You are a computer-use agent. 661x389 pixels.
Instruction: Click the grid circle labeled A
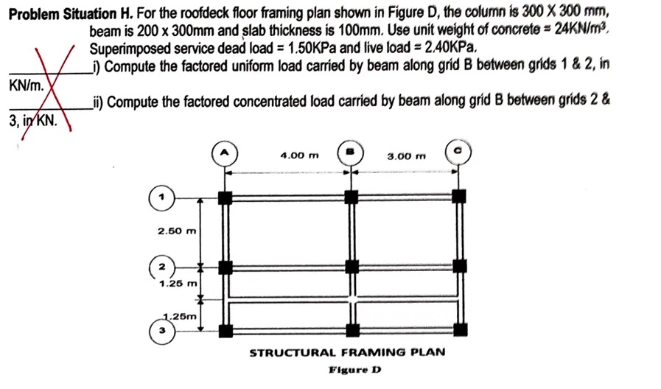tap(225, 154)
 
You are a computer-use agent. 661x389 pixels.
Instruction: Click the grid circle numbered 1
tap(161, 197)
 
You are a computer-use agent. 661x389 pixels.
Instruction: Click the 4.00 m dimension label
tap(300, 155)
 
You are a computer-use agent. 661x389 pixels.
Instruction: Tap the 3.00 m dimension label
tap(407, 155)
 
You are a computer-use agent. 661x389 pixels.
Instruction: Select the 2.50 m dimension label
tap(177, 231)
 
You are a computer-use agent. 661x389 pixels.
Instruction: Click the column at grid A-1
tap(225, 197)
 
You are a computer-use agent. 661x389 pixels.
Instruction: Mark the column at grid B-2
tap(352, 265)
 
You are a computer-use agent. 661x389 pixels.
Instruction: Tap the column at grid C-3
tap(460, 329)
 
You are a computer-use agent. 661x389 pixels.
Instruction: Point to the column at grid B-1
tap(352, 197)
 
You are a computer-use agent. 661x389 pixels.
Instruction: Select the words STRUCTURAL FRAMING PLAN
tap(347, 352)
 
